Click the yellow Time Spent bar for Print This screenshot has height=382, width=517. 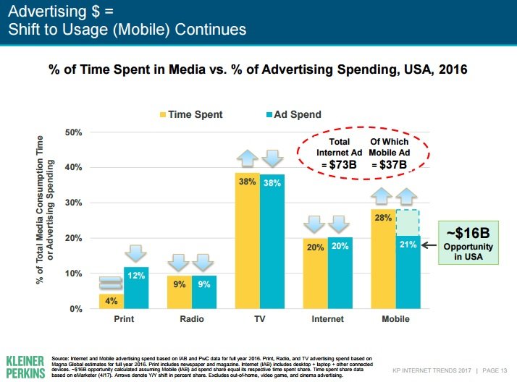tap(112, 300)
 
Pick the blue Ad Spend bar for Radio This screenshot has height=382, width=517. tap(204, 292)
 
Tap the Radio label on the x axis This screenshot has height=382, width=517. tap(192, 319)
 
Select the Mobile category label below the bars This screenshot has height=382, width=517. tap(395, 319)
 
